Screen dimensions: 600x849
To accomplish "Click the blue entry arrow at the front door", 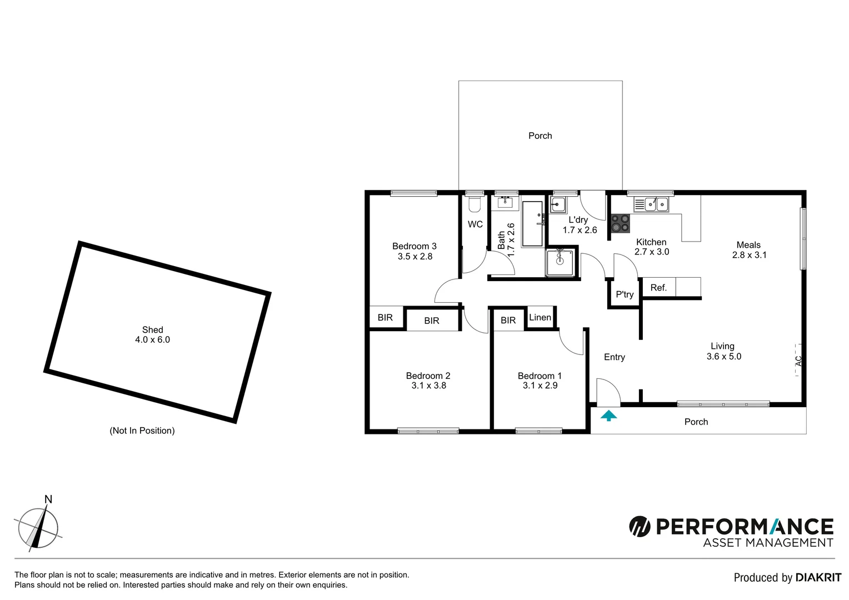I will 609,415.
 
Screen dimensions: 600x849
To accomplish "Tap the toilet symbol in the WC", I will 474,205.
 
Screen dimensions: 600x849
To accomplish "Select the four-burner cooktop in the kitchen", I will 621,223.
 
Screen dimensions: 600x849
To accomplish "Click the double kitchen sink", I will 651,204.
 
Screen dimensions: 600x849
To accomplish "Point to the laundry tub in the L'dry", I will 558,204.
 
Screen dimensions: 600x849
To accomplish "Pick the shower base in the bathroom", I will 561,263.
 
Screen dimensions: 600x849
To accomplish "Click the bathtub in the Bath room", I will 532,224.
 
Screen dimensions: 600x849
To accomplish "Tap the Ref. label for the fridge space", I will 658,288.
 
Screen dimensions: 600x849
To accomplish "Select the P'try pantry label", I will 625,294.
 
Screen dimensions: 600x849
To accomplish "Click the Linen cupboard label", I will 540,317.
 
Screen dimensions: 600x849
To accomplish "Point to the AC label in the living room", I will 798,360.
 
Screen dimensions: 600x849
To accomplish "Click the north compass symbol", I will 37,526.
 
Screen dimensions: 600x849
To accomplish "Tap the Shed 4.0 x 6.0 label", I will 152,334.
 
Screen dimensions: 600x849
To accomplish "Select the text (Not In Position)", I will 142,431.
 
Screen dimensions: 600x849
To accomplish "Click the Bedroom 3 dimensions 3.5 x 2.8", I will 414,257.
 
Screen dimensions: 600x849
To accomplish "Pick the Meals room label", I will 748,245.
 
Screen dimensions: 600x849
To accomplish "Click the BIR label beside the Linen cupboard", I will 508,320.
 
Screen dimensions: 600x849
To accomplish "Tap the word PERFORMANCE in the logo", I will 745,526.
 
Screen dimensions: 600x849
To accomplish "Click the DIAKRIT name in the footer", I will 818,578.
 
